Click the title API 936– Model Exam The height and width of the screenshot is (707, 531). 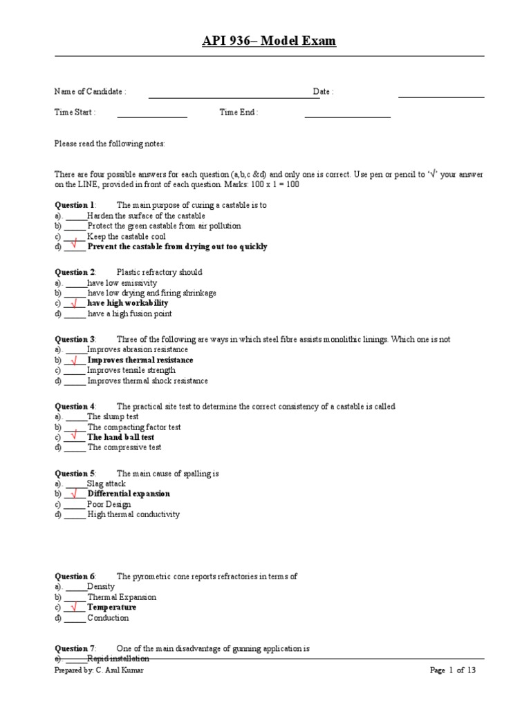pos(269,41)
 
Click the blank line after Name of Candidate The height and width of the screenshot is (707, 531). pos(234,96)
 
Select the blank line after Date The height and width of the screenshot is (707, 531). pos(440,96)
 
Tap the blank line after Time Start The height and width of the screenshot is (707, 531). pos(152,116)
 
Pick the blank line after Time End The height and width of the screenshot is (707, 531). pos(347,116)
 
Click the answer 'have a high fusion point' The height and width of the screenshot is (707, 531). pos(129,314)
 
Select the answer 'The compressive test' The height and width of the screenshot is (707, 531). pos(124,447)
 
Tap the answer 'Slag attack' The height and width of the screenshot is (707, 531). pos(106,484)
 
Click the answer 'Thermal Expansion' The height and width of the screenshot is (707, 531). pos(122,597)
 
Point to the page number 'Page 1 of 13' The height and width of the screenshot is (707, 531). pos(452,670)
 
